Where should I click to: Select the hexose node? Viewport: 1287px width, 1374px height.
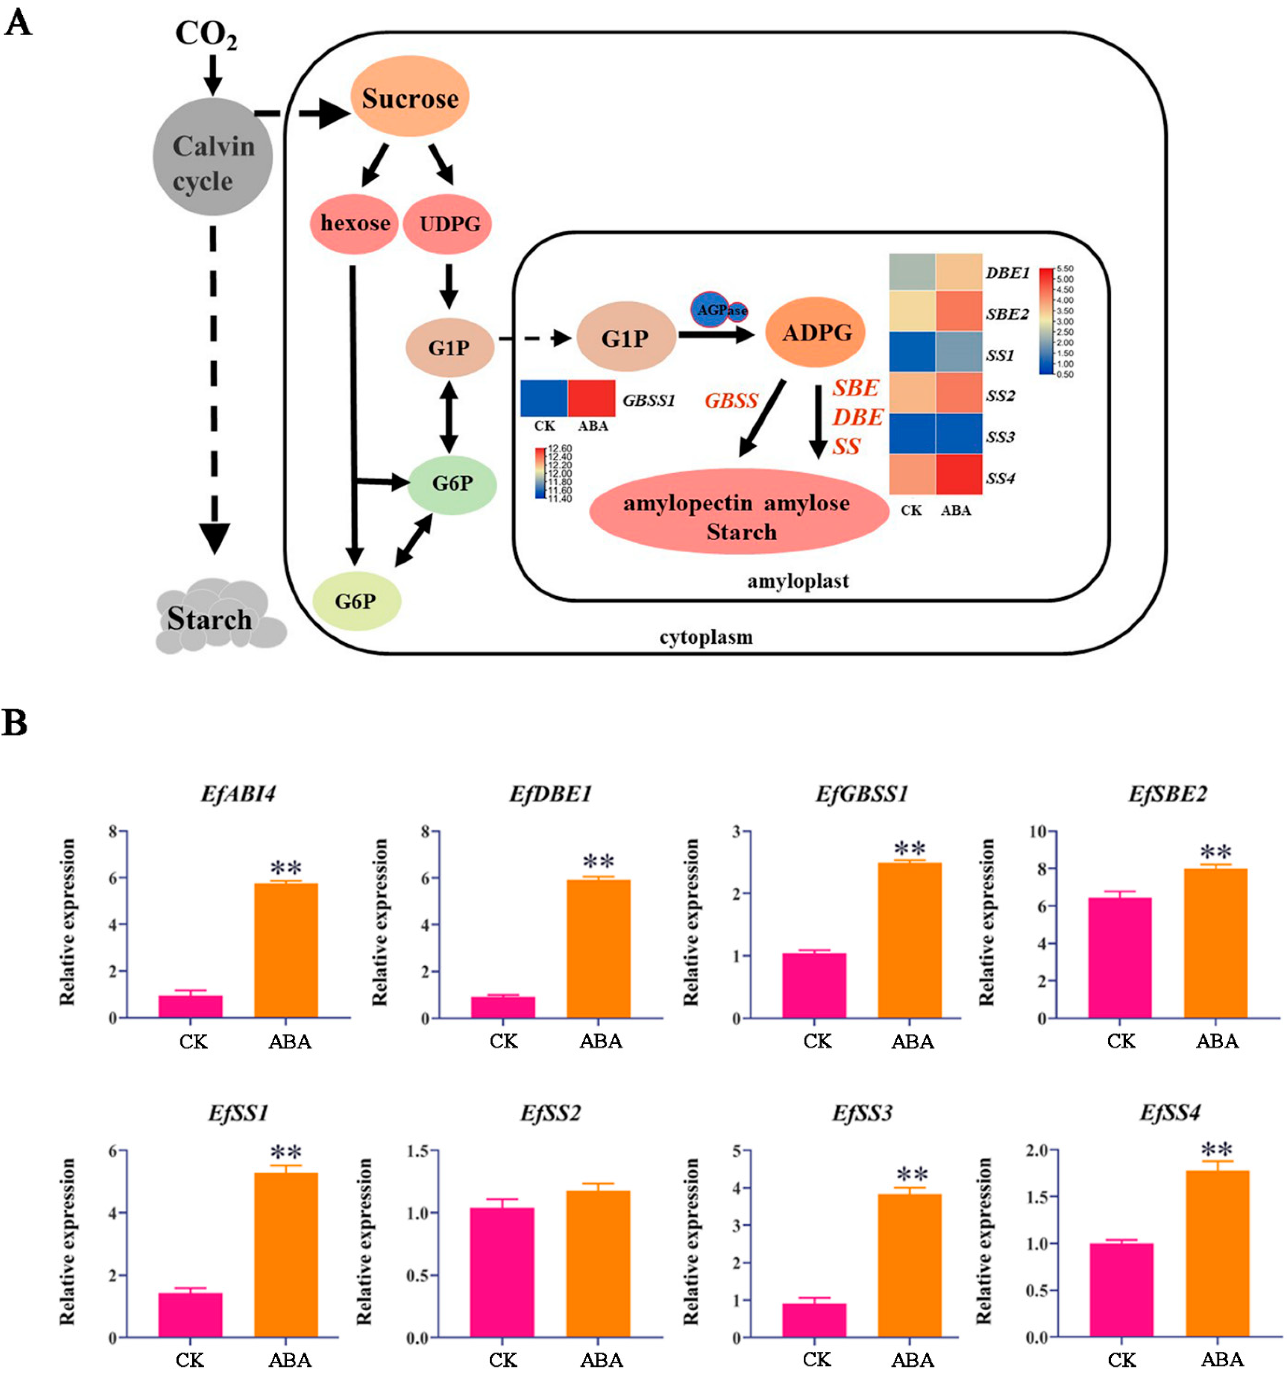pyautogui.click(x=355, y=223)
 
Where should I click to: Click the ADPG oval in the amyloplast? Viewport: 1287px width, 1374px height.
pyautogui.click(x=816, y=332)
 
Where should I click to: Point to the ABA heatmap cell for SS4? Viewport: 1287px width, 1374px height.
pyautogui.click(x=959, y=475)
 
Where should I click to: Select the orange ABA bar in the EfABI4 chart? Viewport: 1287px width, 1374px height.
pyautogui.click(x=286, y=950)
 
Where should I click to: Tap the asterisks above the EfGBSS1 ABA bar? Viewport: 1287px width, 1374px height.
pyautogui.click(x=910, y=848)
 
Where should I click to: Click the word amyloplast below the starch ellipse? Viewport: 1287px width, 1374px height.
pyautogui.click(x=798, y=580)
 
